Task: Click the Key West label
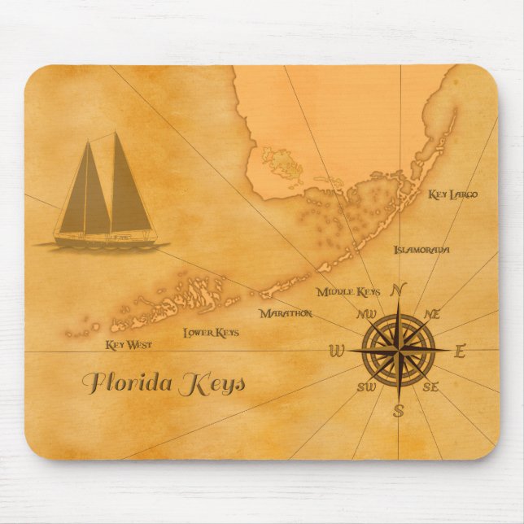129,345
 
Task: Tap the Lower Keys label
211,332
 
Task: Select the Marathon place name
286,312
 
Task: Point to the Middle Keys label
348,291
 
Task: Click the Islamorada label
421,249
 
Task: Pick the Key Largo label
452,194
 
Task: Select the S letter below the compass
399,410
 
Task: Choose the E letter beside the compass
460,352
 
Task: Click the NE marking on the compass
432,313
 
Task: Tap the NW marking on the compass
365,314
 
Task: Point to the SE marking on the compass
431,387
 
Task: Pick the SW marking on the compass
366,386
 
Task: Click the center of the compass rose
399,351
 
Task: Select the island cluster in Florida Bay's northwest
281,163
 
